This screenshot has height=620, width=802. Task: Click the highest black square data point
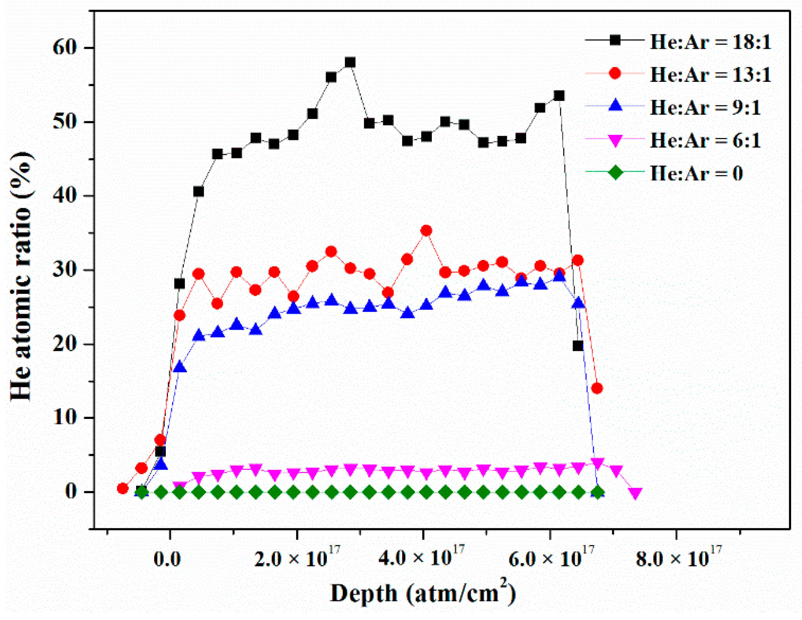tap(350, 62)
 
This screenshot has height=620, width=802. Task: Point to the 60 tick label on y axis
tap(65, 48)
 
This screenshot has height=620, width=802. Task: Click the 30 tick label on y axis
tap(65, 270)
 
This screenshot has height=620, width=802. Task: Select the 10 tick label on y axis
tap(65, 418)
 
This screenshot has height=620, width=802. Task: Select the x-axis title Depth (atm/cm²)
tap(423, 594)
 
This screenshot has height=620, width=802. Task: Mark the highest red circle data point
tap(426, 231)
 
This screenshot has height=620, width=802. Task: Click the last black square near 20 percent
tap(578, 346)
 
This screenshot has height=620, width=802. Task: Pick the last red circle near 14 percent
tap(597, 388)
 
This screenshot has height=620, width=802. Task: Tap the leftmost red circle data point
tap(122, 488)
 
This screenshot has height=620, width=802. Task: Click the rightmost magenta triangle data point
tap(635, 493)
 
